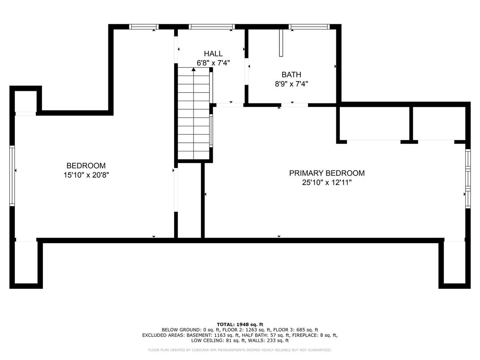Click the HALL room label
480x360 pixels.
(x=213, y=54)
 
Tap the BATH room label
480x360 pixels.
(x=291, y=74)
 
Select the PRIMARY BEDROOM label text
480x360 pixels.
(x=326, y=173)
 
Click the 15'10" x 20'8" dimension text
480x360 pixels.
(x=86, y=175)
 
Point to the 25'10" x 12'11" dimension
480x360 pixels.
(x=326, y=182)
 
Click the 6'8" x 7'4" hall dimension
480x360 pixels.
(x=213, y=63)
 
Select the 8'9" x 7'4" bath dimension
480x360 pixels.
(x=291, y=84)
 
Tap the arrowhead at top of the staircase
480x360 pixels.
(x=193, y=69)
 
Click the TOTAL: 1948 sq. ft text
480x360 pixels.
(x=240, y=325)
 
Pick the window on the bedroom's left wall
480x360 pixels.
(x=12, y=176)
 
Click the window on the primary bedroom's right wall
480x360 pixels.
(x=468, y=179)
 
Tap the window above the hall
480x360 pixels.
(x=211, y=26)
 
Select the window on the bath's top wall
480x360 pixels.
(x=309, y=26)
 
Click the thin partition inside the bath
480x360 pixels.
(x=281, y=43)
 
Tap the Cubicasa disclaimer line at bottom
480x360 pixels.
(x=240, y=350)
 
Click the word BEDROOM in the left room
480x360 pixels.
(x=86, y=166)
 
